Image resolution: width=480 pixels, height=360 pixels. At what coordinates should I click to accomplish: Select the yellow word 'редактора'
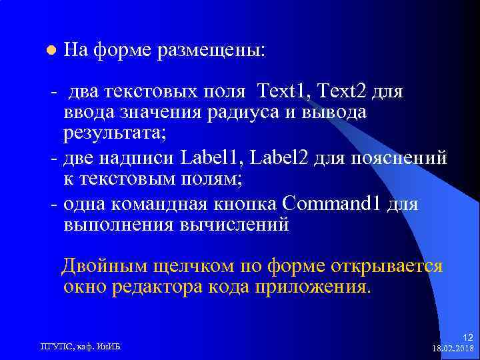point(171,287)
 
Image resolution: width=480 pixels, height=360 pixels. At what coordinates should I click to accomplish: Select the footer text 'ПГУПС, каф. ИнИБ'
point(85,346)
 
